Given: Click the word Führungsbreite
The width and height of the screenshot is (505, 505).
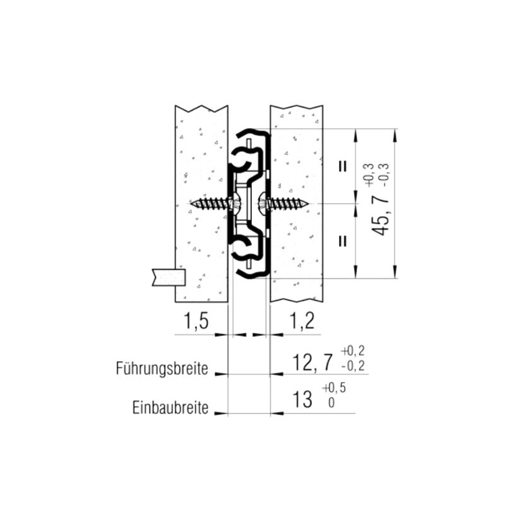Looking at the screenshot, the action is [x=162, y=369].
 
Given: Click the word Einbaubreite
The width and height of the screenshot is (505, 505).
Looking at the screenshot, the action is [x=170, y=408].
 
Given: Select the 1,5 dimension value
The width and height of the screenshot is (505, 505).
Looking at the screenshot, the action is [x=196, y=321].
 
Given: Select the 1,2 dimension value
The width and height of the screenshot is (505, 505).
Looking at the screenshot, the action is [x=302, y=321].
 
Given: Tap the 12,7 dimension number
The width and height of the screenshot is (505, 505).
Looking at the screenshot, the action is [x=312, y=362].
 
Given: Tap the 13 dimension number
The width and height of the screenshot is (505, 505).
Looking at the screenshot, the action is [x=302, y=400].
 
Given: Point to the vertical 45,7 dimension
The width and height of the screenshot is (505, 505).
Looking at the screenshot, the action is [x=381, y=216].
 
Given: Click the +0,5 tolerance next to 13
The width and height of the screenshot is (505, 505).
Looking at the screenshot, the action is [x=334, y=388].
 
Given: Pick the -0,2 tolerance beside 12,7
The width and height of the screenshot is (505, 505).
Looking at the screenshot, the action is [x=353, y=366].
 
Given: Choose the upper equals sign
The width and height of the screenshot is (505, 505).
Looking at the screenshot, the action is [x=343, y=166].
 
